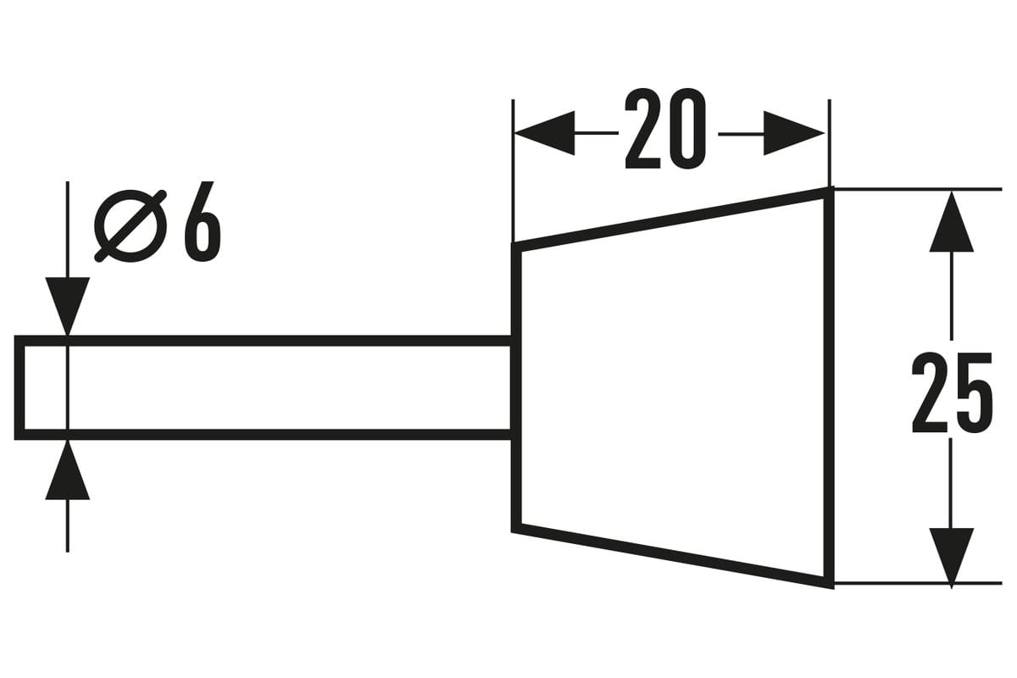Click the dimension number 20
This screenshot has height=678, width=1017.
pyautogui.click(x=665, y=129)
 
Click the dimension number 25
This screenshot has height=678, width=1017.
pyautogui.click(x=952, y=392)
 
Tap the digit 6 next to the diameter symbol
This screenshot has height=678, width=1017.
pyautogui.click(x=202, y=221)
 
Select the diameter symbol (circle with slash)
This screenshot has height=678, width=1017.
pyautogui.click(x=131, y=225)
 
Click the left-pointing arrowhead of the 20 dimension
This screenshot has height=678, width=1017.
pyautogui.click(x=545, y=133)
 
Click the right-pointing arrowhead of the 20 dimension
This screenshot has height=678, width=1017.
pyautogui.click(x=794, y=133)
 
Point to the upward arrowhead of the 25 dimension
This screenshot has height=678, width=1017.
pyautogui.click(x=951, y=221)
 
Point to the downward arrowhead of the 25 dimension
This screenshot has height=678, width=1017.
pyautogui.click(x=951, y=559)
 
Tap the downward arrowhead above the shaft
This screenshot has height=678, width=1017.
pyautogui.click(x=68, y=307)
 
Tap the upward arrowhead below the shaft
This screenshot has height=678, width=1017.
pyautogui.click(x=68, y=470)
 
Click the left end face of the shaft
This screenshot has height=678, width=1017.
pyautogui.click(x=19, y=388)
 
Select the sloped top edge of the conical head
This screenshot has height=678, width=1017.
pyautogui.click(x=673, y=219)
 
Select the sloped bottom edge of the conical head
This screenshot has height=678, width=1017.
pyautogui.click(x=673, y=556)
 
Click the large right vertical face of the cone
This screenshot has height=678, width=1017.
pyautogui.click(x=830, y=388)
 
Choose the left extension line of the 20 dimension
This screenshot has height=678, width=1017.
pyautogui.click(x=513, y=170)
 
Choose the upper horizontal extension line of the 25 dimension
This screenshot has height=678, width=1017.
pyautogui.click(x=918, y=189)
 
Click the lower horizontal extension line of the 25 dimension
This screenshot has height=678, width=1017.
pyautogui.click(x=918, y=582)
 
